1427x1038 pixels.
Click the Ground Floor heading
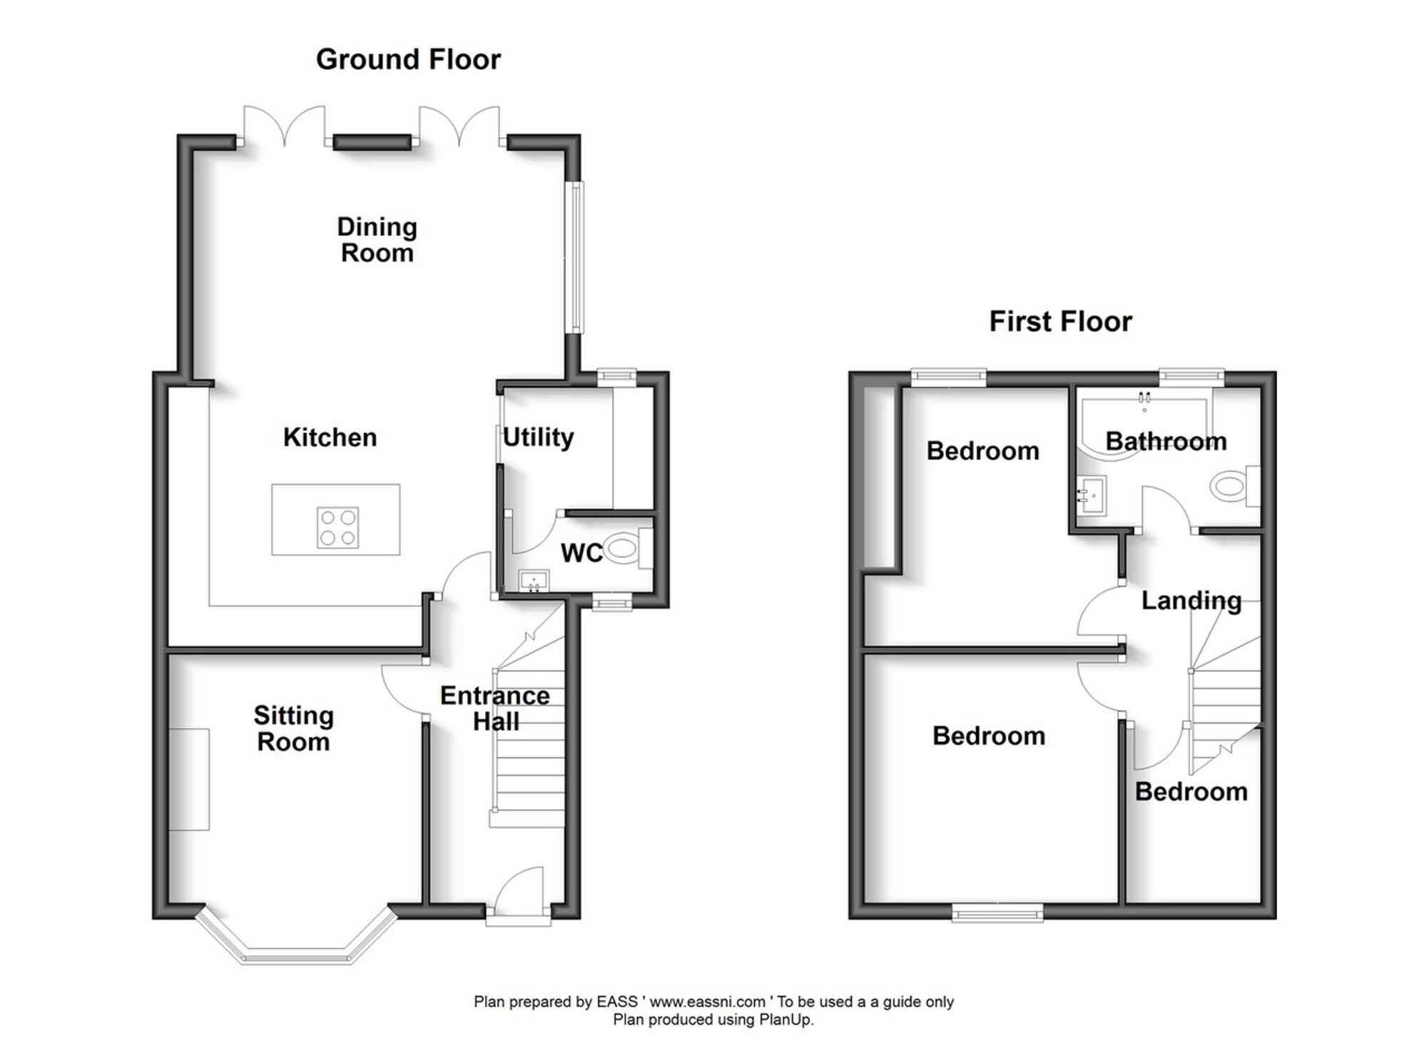[408, 60]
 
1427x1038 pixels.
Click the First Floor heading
[1060, 322]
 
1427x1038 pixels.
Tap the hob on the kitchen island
[337, 527]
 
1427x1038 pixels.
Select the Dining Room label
[377, 240]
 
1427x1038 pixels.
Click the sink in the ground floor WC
[533, 581]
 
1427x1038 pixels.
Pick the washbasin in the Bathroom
[1091, 494]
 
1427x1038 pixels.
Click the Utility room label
[538, 437]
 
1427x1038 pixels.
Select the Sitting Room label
[293, 728]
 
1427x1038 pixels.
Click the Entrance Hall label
[495, 708]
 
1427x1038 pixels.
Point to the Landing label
[1191, 601]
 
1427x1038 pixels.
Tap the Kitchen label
[330, 437]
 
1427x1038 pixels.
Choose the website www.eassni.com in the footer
[707, 1002]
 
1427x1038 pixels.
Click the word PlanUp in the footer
[784, 1019]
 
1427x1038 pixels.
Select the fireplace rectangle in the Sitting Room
[189, 779]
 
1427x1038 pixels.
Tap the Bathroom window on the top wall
[1192, 377]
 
